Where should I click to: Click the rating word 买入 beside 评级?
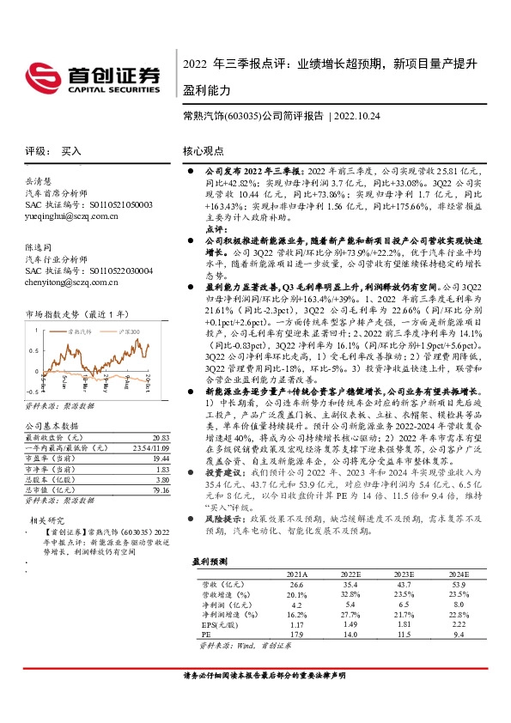pyautogui.click(x=71, y=150)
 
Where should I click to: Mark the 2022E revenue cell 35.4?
pyautogui.click(x=349, y=582)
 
